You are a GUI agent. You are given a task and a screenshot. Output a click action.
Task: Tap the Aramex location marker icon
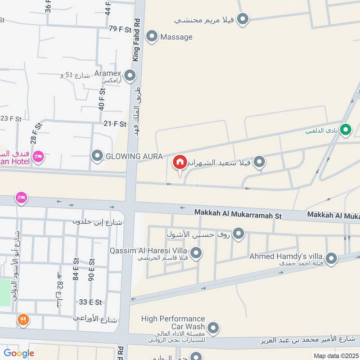(130, 75)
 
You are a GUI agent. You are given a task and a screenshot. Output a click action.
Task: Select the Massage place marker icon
(152, 36)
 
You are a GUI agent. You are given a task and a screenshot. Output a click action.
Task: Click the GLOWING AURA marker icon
(97, 156)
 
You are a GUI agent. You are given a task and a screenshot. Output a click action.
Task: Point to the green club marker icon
(345, 130)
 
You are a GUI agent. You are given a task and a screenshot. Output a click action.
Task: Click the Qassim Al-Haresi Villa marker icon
(196, 253)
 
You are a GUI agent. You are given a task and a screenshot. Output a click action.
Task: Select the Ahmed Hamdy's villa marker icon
(331, 258)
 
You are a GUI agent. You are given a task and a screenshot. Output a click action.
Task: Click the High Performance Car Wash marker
(214, 328)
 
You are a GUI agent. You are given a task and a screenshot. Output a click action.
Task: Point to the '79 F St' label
(119, 28)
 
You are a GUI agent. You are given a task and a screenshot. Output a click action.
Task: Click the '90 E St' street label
(91, 268)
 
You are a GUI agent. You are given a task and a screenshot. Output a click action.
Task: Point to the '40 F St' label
(102, 99)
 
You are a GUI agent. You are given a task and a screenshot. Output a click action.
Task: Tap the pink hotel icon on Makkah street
(21, 197)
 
